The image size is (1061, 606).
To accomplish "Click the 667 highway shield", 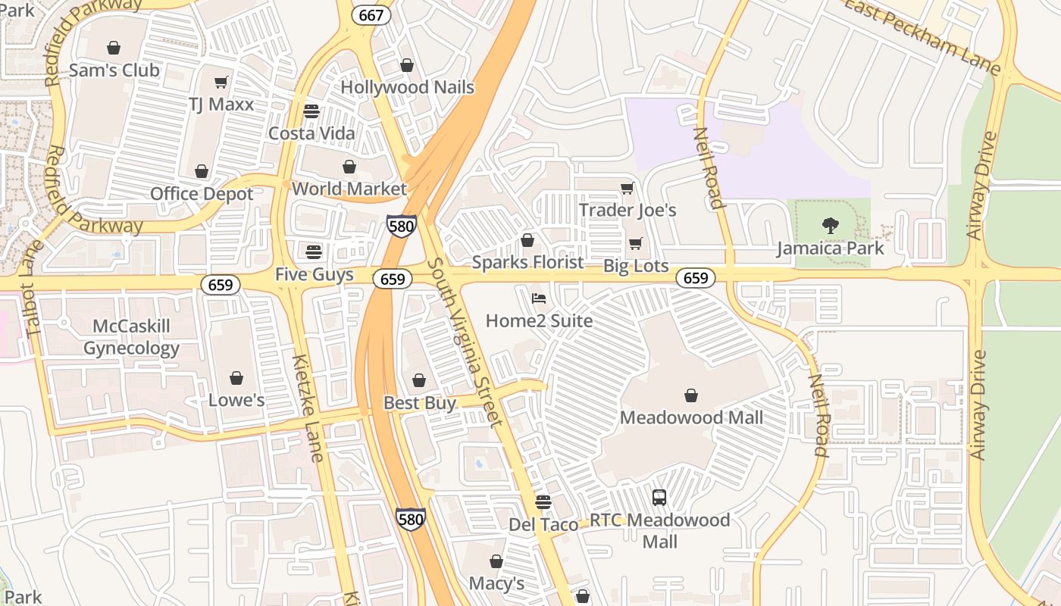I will click(x=372, y=14).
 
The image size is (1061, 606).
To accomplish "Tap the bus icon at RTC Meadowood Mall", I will click(x=659, y=498).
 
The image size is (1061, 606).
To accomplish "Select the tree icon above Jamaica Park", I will click(x=831, y=225).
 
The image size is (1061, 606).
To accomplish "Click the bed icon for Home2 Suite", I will click(x=539, y=298).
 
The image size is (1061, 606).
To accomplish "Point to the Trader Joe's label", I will click(x=628, y=210).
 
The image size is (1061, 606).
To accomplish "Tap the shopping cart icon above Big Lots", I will click(x=635, y=243).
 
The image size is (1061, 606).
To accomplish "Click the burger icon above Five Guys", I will click(x=314, y=251).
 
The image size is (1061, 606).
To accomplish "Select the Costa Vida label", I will click(x=311, y=133).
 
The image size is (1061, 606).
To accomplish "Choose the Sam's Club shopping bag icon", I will click(x=114, y=48).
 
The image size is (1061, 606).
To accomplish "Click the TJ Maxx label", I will click(x=221, y=104).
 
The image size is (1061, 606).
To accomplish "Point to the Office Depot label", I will click(x=202, y=194).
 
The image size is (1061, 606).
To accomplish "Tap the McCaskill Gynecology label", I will click(x=131, y=337).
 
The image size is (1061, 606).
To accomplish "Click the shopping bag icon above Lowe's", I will click(x=236, y=377).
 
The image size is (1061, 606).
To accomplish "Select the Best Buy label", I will click(x=420, y=403).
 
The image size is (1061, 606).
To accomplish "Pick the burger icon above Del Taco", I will click(x=543, y=501).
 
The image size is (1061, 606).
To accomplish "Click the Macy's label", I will click(x=496, y=583).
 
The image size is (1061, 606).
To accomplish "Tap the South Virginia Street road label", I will click(x=465, y=342).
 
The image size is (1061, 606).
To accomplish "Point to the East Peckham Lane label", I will click(x=922, y=36).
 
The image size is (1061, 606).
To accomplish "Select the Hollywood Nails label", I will click(x=407, y=87).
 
